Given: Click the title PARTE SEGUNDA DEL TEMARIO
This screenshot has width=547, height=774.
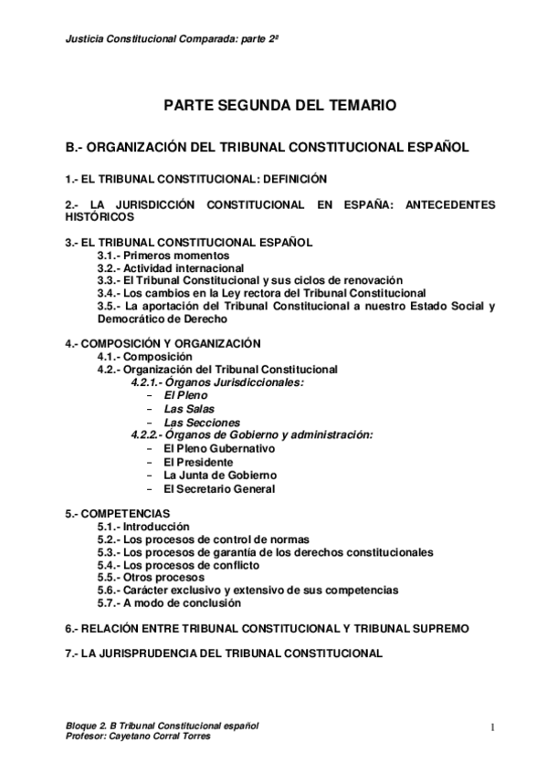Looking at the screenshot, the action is pos(279,107).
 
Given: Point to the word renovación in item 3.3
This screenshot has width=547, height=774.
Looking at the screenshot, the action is pos(369,280).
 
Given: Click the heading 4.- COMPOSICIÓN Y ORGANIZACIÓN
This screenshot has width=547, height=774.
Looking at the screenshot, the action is pos(163,343).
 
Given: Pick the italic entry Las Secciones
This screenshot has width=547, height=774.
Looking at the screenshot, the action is pos(202,423).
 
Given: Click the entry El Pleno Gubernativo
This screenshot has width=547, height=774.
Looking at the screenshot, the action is pos(218,449).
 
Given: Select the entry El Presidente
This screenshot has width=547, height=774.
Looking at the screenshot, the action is pos(198,462).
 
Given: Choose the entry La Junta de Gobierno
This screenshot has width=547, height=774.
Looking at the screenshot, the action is pos(220,476).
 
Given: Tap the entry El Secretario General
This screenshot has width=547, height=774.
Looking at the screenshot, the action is pos(219,488).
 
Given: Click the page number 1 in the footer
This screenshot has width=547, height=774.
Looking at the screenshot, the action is pos(491,727).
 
